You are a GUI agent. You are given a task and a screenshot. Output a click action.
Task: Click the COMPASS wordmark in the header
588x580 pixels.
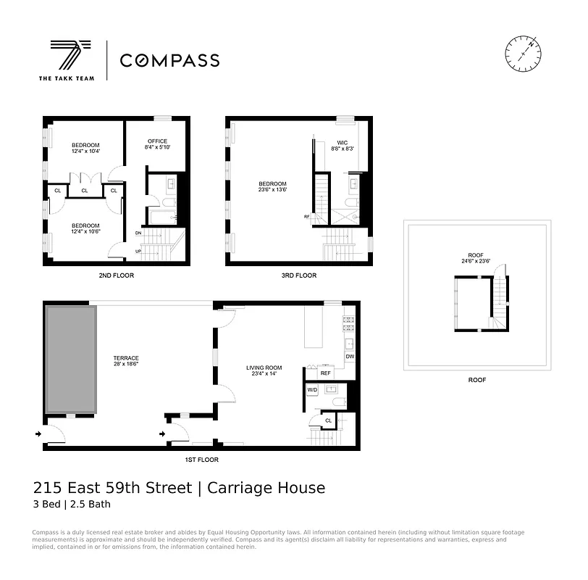[x=169, y=61]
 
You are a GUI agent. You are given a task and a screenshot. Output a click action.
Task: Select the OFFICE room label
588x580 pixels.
[x=157, y=141]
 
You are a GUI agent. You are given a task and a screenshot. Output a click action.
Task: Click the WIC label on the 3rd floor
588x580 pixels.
[x=343, y=143]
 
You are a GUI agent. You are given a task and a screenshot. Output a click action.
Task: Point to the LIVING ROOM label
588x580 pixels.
[x=264, y=368]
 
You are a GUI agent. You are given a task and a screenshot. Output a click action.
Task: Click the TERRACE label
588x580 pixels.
[x=125, y=358]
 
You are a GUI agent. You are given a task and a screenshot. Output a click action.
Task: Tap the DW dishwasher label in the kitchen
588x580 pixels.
[x=349, y=357]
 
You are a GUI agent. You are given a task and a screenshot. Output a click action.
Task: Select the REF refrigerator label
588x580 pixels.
[x=325, y=373]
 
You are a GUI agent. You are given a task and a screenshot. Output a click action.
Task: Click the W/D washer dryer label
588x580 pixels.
[x=313, y=390]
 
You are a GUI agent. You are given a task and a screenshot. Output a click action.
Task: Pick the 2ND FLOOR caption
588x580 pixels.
[x=116, y=275]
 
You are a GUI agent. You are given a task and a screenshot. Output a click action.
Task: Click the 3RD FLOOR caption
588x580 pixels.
[x=298, y=275]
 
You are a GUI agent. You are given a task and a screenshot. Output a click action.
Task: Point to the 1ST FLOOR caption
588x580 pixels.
[x=201, y=460]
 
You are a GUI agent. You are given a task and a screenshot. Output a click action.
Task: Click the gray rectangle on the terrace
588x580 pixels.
[x=71, y=360]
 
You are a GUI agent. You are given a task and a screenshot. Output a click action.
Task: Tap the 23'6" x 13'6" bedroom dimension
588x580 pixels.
[x=272, y=190]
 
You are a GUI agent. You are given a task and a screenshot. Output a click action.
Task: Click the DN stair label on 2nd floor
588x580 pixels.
[x=138, y=233]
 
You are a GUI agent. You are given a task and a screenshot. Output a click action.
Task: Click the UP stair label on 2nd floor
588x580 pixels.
[x=138, y=252]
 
